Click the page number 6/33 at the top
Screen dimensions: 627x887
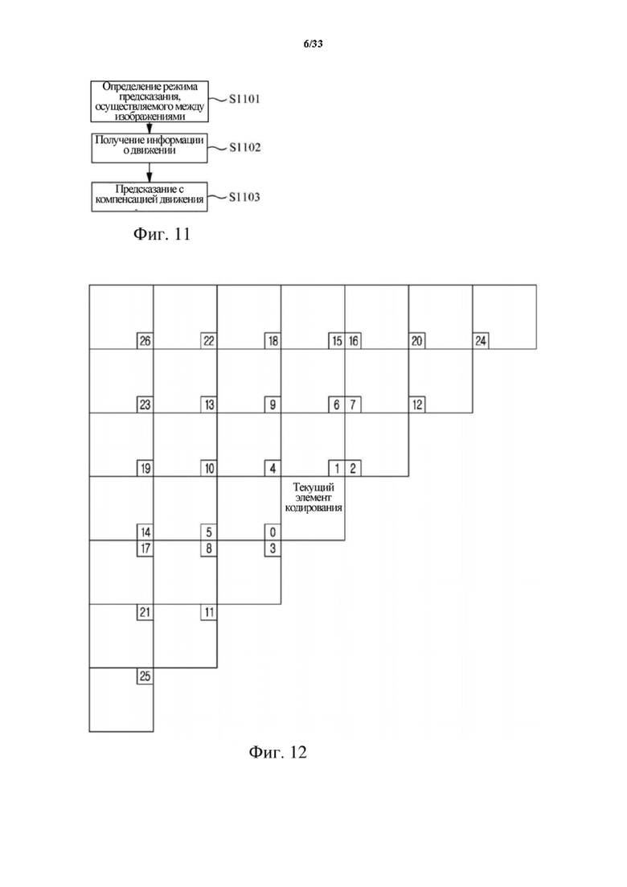point(313,44)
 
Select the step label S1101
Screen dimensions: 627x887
point(244,99)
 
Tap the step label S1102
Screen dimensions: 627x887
point(244,148)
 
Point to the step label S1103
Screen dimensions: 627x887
point(244,198)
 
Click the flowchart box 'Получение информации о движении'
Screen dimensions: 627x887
point(150,148)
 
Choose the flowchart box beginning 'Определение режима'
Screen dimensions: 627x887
point(150,101)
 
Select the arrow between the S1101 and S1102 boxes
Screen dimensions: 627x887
point(150,127)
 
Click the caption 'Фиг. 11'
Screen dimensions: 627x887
point(162,234)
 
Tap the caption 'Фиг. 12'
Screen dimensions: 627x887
point(277,752)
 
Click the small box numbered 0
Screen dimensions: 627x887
point(273,532)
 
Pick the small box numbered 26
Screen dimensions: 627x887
point(145,341)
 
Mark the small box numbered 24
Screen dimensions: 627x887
point(481,341)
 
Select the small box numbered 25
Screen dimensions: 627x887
point(145,676)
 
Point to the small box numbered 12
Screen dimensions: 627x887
point(416,405)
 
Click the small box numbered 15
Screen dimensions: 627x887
point(337,341)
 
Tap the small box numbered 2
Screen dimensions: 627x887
point(353,468)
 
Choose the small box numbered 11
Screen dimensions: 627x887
point(209,612)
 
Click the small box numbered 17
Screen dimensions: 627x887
point(145,548)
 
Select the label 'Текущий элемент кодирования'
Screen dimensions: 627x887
point(313,497)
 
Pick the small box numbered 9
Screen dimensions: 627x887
point(273,405)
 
